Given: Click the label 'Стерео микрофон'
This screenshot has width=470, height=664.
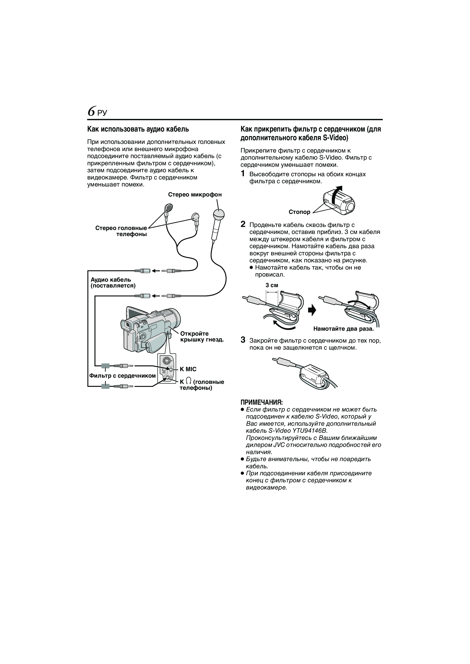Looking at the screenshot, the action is point(195,195).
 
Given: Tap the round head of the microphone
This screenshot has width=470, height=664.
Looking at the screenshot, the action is point(218,215).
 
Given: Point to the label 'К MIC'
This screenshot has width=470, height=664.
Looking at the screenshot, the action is point(188,369).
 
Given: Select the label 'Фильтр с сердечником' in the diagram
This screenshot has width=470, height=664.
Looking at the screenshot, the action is point(122,376).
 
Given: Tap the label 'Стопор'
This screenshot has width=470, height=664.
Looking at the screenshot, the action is point(299,212).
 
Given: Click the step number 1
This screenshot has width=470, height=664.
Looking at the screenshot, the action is point(243,174).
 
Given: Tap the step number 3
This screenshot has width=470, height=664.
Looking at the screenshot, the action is point(243,340).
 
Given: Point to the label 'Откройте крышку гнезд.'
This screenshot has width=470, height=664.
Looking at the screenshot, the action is point(202,337).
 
